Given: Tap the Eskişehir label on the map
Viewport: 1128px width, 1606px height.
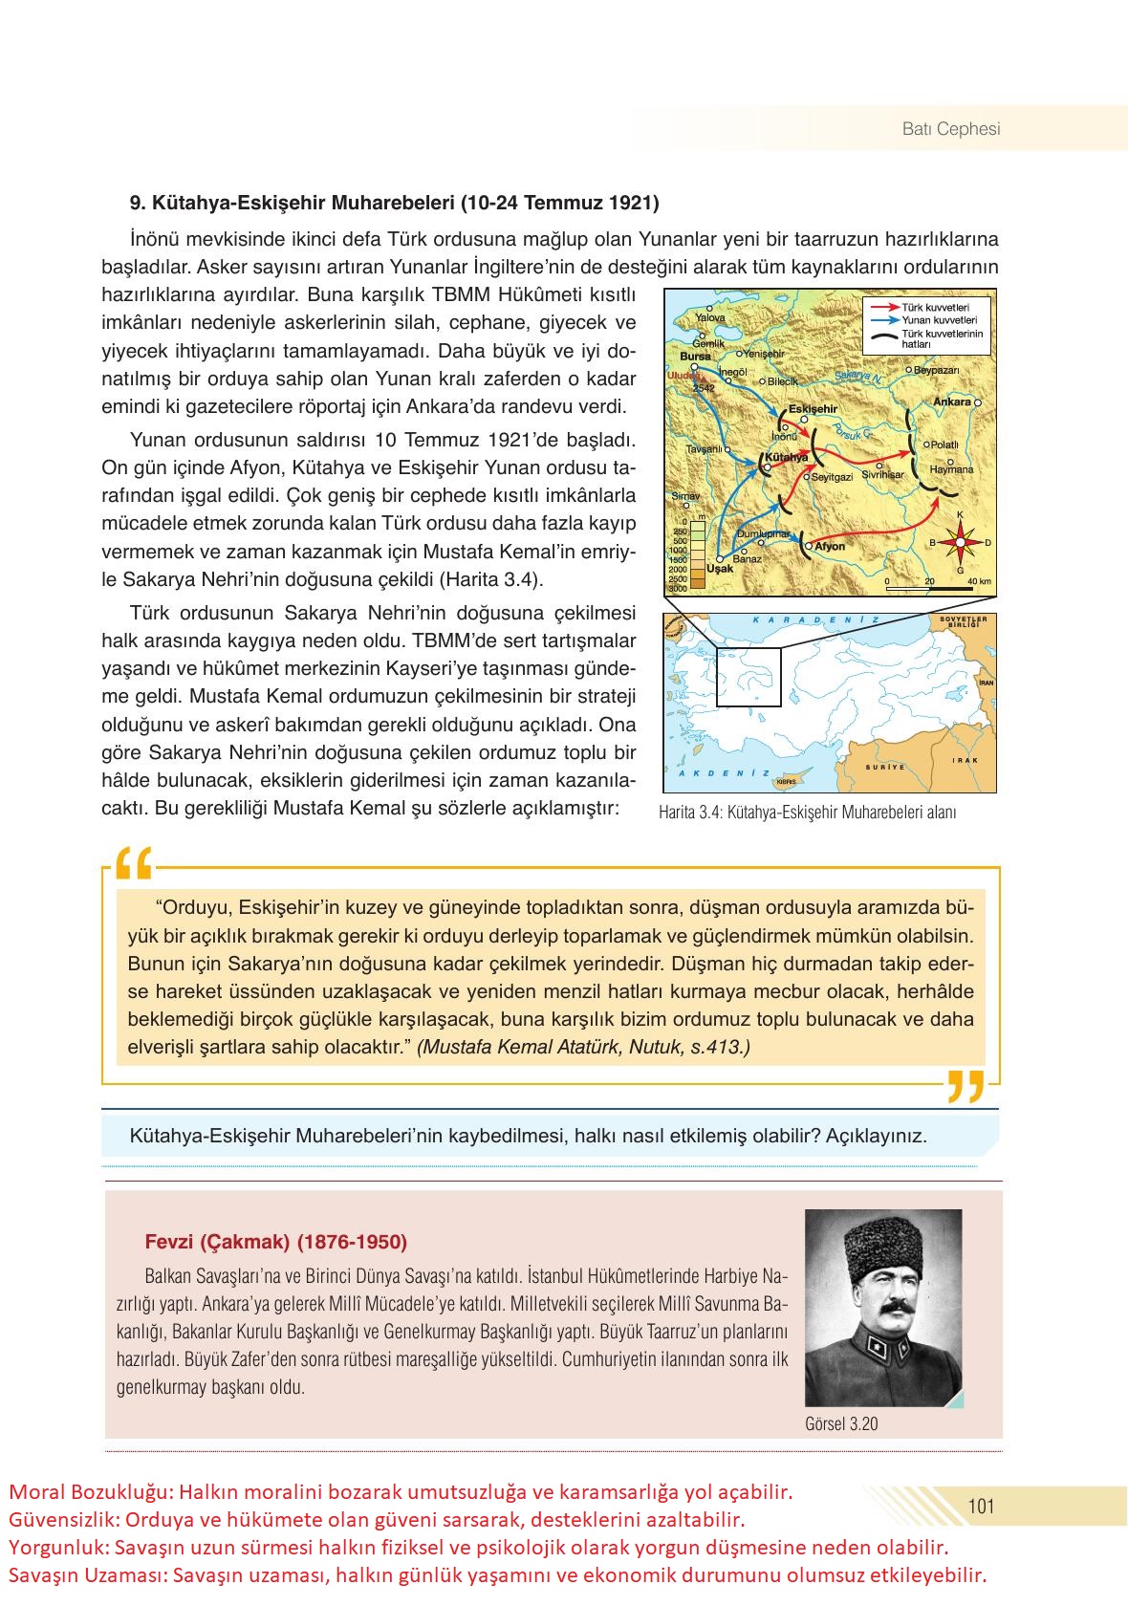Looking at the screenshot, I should click(813, 409).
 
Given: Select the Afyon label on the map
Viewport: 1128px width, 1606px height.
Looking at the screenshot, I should click(830, 547).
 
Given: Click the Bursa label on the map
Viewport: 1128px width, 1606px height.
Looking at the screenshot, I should click(695, 356).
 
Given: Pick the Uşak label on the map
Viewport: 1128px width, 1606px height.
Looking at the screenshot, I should click(720, 568).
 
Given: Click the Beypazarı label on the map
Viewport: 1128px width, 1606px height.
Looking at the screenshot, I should click(937, 370).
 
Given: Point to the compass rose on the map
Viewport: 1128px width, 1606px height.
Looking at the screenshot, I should click(959, 543).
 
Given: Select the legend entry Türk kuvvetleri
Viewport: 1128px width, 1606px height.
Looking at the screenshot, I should click(937, 307).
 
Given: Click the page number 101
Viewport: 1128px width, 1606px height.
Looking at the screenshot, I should click(982, 1507).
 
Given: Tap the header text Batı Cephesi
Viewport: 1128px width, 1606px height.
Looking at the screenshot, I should click(951, 129).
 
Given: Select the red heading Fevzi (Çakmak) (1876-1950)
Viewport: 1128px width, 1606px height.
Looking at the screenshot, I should click(275, 1242).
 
